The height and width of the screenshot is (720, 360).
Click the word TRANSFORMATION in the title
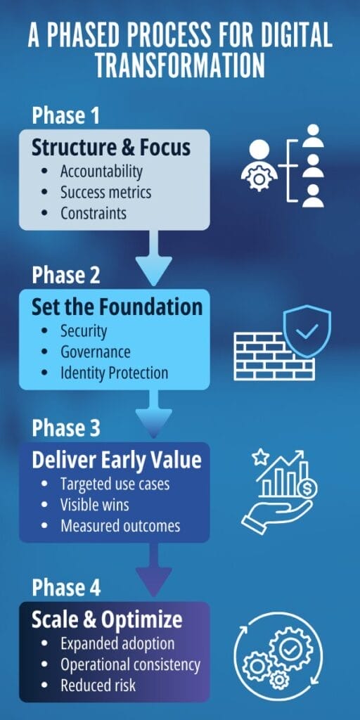180,65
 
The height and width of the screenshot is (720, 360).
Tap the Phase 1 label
65,116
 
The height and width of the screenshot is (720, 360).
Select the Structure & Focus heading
110,148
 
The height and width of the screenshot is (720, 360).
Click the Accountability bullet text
101,172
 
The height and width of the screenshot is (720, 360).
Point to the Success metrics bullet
105,193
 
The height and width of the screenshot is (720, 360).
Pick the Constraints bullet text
94,213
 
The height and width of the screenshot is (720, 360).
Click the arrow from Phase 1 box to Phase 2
153,258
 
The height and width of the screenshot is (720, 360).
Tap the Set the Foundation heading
117,307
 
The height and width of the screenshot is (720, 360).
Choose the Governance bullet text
96,352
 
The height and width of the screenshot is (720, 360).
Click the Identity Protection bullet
115,373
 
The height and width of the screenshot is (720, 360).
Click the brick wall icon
274,356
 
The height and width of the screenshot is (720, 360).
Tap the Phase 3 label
65,428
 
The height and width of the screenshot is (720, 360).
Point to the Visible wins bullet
95,505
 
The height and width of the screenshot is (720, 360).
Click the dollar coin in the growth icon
307,490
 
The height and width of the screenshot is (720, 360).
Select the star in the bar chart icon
260,457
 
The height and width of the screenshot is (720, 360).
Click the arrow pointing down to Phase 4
153,570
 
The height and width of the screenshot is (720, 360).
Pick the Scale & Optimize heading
107,620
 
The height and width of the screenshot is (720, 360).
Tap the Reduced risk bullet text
98,686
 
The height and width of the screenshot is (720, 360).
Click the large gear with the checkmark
291,649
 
